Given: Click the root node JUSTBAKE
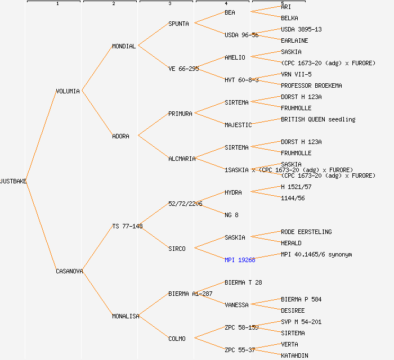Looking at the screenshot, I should [14, 181].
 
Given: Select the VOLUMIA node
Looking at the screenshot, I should [68, 91].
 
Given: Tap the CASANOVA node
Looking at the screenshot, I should [69, 271].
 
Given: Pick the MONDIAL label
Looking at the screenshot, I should [124, 46].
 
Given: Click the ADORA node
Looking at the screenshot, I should [120, 136].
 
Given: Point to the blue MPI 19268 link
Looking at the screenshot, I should [240, 260].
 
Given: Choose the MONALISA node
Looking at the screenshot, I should [126, 316].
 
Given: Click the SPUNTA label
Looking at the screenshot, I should [180, 24].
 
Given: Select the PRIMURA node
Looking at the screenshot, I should [180, 114].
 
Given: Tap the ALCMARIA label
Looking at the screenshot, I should [182, 159].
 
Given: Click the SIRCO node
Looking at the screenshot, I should [177, 249].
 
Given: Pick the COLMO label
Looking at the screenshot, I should [177, 339].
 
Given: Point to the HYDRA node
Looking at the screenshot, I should [233, 192].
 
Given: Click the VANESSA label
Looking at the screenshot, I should [236, 305].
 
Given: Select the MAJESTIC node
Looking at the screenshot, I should [238, 125].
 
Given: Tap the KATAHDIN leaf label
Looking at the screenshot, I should [294, 355].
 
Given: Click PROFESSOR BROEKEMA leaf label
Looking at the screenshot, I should [311, 85].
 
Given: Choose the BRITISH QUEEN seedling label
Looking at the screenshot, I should [318, 119].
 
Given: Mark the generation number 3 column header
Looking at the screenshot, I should [170, 4].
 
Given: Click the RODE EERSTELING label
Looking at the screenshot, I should [306, 232].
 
